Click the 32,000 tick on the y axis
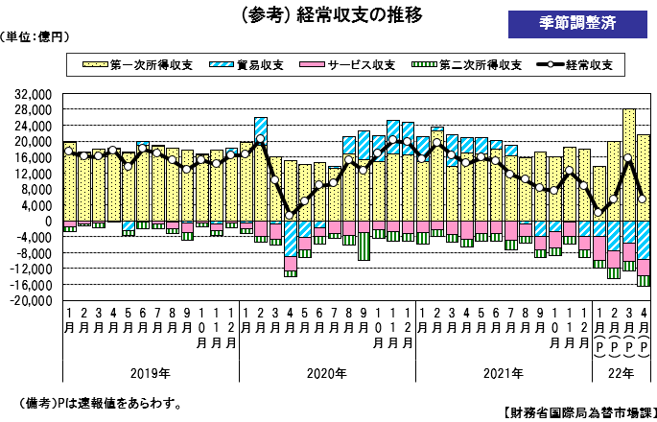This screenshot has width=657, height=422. [33, 96]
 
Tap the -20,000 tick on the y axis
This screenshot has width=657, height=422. [30, 300]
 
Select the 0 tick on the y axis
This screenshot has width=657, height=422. [48, 221]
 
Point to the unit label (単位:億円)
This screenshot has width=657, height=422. [35, 36]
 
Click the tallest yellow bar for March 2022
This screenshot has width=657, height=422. [628, 163]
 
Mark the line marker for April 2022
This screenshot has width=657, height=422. [643, 199]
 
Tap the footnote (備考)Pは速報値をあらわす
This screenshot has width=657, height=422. [101, 403]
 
